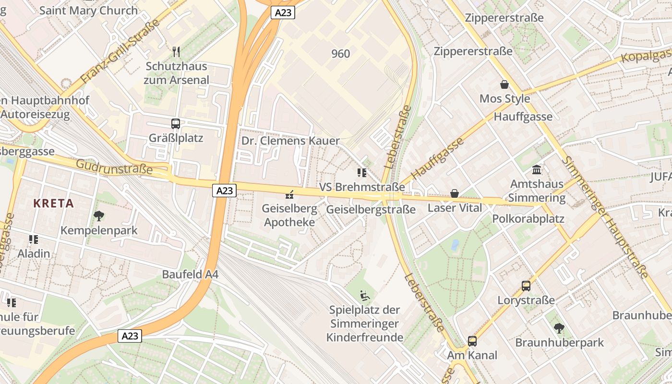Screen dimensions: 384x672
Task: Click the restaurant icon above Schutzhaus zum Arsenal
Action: pyautogui.click(x=176, y=51)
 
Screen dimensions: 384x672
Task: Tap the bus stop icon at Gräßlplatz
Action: pyautogui.click(x=176, y=124)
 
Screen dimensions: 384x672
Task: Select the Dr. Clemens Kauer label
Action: pyautogui.click(x=290, y=141)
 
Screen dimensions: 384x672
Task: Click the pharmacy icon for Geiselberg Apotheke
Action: pyautogui.click(x=289, y=194)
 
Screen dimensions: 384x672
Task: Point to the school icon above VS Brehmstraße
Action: pyautogui.click(x=361, y=173)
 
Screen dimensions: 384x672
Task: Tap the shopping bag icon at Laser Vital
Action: pyautogui.click(x=454, y=194)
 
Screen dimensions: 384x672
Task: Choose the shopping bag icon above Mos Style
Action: pyautogui.click(x=504, y=85)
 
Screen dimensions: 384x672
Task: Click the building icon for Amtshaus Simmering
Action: pyautogui.click(x=537, y=170)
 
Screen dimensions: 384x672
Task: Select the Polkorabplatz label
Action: pyautogui.click(x=528, y=219)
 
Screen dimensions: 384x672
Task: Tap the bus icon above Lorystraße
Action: pyautogui.click(x=526, y=286)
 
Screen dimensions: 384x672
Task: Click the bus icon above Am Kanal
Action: pyautogui.click(x=472, y=341)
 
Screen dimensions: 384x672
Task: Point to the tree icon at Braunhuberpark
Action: pyautogui.click(x=559, y=329)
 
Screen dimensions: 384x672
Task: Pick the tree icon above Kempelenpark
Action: pyautogui.click(x=99, y=216)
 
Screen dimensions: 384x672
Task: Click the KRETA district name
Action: pyautogui.click(x=54, y=204)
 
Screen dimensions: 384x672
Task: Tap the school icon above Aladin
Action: pyautogui.click(x=34, y=239)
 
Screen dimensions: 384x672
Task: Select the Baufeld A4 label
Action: pyautogui.click(x=190, y=275)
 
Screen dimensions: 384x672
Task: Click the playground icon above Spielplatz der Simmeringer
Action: pyautogui.click(x=365, y=295)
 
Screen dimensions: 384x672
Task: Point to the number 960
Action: pyautogui.click(x=341, y=54)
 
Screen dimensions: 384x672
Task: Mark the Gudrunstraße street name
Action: pyautogui.click(x=114, y=167)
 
